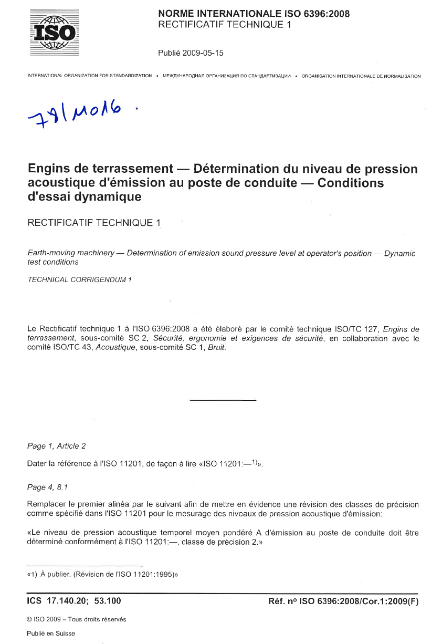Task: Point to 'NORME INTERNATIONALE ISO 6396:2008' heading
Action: (254, 14)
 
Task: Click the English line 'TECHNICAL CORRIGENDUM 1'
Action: (79, 279)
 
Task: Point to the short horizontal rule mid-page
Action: (222, 401)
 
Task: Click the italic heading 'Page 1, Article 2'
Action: (56, 446)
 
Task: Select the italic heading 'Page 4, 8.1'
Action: (48, 487)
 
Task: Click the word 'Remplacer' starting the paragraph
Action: (45, 505)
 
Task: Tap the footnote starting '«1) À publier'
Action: (102, 575)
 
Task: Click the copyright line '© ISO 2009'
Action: (76, 619)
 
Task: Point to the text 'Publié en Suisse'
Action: (51, 633)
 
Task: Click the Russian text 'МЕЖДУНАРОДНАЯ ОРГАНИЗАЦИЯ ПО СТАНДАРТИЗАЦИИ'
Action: (227, 76)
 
